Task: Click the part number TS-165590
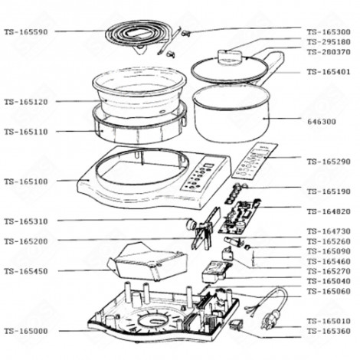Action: click(25, 31)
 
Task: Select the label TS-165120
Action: click(25, 100)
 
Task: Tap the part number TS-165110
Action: click(25, 131)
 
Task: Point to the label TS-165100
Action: click(25, 182)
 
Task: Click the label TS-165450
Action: click(25, 270)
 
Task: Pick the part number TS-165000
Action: click(25, 330)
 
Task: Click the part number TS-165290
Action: click(328, 162)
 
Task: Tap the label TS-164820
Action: click(328, 211)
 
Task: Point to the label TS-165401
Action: click(328, 71)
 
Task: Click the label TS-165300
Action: click(328, 31)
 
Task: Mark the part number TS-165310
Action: click(25, 221)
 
